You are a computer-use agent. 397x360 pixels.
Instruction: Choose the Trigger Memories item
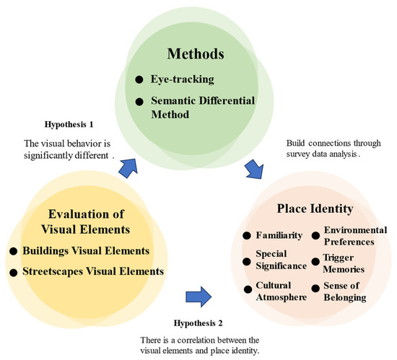(349, 264)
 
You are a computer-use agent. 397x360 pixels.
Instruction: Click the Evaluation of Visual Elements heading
(92, 221)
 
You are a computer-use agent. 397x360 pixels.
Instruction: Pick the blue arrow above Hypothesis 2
(198, 295)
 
